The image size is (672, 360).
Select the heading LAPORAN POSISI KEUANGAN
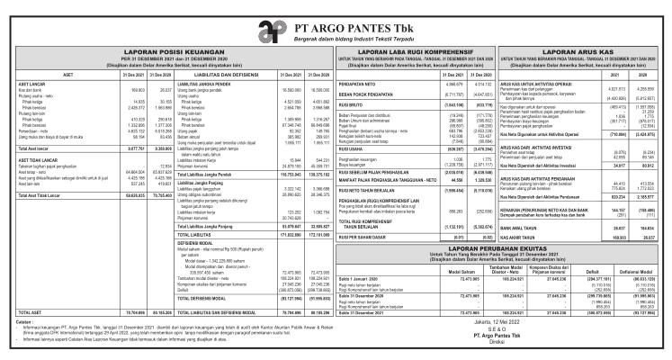(158, 53)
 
